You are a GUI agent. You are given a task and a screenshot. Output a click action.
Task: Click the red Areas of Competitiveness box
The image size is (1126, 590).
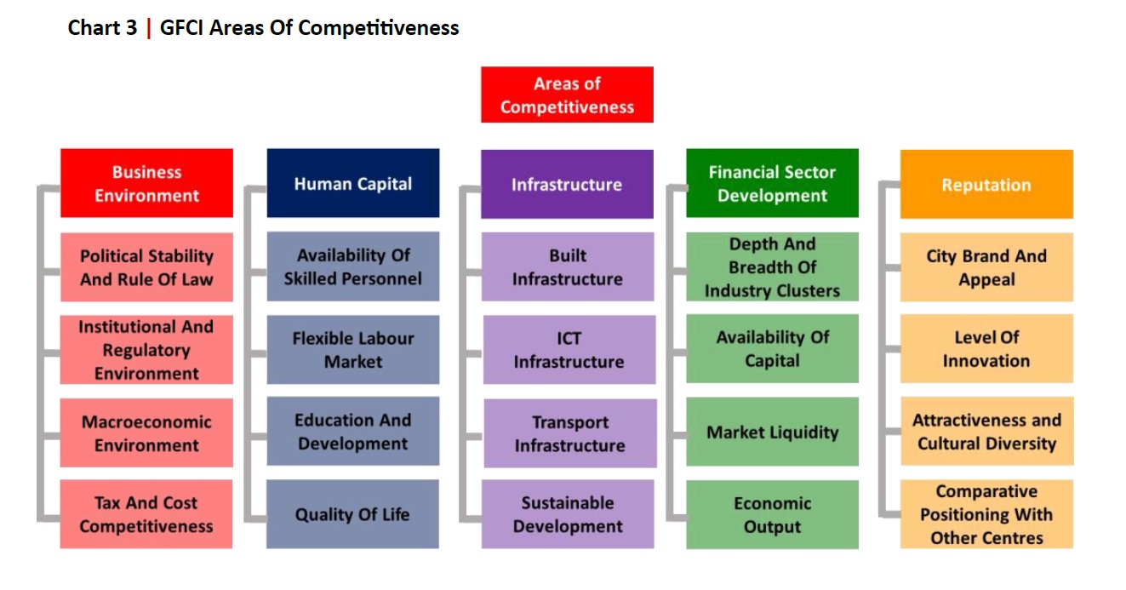pos(567,95)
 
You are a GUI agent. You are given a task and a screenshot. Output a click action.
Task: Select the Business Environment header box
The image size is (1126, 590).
pos(146,183)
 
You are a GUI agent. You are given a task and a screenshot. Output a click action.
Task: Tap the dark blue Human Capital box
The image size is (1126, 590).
pos(353,183)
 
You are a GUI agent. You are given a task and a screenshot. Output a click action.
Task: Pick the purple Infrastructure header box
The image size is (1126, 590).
pos(567,184)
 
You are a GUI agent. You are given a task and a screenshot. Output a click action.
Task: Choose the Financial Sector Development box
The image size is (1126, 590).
pos(772,183)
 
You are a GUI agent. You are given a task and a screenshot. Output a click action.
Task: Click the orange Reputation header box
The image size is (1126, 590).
pos(986,184)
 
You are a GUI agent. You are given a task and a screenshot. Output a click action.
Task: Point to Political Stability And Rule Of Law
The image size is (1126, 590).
pos(146,267)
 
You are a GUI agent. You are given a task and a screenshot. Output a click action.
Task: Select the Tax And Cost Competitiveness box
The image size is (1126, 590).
pos(146,514)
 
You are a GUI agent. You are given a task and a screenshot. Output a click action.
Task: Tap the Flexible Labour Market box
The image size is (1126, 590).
pos(353,350)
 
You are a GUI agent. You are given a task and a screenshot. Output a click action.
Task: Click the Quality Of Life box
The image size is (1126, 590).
pos(352,514)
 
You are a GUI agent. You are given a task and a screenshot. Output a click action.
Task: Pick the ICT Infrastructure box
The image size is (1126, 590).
pos(569,350)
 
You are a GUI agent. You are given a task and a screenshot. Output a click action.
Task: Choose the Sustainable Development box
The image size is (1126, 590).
pos(568,514)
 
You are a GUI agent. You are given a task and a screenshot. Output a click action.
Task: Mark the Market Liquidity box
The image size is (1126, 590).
pos(772,432)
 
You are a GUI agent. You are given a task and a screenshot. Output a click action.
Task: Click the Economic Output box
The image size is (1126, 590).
pos(772,514)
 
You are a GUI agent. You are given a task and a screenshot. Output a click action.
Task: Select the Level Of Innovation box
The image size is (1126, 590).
pos(986,348)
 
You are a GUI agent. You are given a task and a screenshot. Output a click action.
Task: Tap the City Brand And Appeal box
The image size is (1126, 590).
pos(986,267)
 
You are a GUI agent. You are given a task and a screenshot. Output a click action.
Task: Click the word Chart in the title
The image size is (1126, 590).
pos(94,27)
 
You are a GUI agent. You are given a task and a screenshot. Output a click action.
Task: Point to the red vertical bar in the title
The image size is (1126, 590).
pos(149,28)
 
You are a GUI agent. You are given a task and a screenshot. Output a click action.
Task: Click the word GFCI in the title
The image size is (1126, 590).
pos(181,27)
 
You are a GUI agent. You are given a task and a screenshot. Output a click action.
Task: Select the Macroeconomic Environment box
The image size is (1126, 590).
pos(146,432)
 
